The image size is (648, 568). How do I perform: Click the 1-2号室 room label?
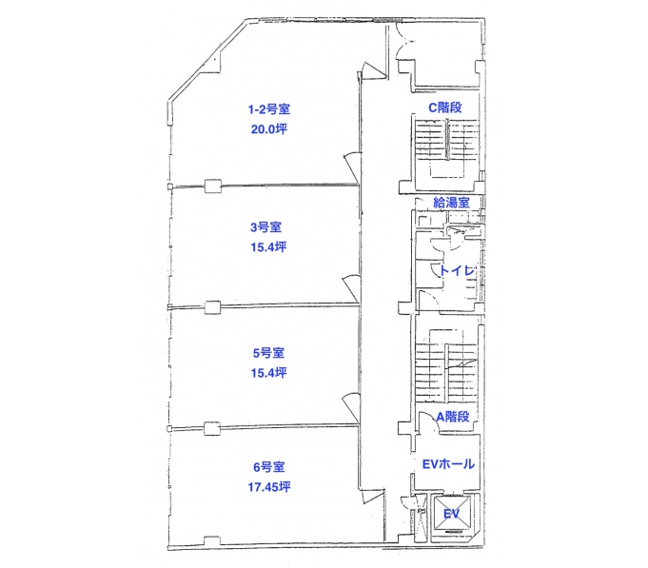(x=269, y=109)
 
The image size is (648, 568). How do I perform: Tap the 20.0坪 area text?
(x=269, y=129)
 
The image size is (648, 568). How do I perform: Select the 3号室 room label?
(x=265, y=227)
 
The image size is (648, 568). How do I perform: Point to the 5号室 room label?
(x=268, y=353)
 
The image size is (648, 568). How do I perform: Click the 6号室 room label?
(x=269, y=467)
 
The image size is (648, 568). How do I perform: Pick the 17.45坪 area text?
(x=269, y=487)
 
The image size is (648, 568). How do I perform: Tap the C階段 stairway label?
(x=445, y=108)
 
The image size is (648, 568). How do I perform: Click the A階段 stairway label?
(x=453, y=417)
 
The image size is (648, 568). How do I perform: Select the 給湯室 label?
(x=451, y=203)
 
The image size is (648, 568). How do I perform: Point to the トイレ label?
(x=457, y=270)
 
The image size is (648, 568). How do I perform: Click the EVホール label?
(x=448, y=464)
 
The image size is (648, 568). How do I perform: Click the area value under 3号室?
(x=268, y=247)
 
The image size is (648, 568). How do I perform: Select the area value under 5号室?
(x=268, y=373)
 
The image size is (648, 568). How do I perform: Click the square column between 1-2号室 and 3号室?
(x=213, y=186)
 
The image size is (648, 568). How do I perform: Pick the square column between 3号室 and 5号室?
(x=212, y=307)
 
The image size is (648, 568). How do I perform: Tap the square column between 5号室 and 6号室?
(x=212, y=428)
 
